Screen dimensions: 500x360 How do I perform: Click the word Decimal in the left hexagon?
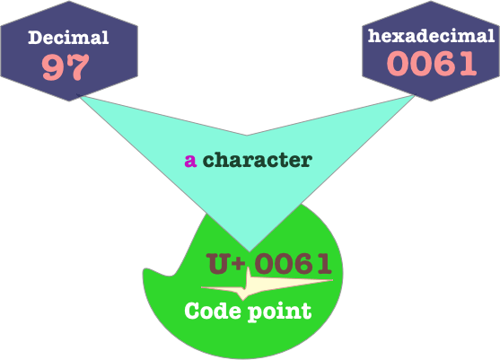(x=68, y=38)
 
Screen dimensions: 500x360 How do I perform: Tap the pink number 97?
(x=66, y=66)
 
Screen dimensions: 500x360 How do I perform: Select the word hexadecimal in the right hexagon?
(x=431, y=36)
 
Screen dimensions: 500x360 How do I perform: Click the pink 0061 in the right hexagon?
(x=432, y=63)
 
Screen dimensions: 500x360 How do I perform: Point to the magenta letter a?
(x=190, y=161)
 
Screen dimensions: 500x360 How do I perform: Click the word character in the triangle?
(x=258, y=160)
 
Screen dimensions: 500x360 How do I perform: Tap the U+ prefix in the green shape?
(x=226, y=263)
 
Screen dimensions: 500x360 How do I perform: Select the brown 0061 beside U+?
(x=293, y=263)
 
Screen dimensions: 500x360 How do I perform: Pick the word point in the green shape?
(x=280, y=312)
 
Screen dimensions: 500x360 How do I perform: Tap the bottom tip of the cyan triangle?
(x=250, y=251)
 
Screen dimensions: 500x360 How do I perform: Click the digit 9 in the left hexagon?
(x=53, y=67)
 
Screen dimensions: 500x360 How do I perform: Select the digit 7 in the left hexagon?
(x=78, y=67)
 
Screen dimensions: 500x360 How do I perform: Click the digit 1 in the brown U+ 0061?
(x=324, y=264)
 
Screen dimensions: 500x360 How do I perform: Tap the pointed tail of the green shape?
(x=145, y=271)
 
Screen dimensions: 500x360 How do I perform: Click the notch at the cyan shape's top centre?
(x=247, y=136)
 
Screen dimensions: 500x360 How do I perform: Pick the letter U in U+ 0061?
(x=218, y=263)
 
